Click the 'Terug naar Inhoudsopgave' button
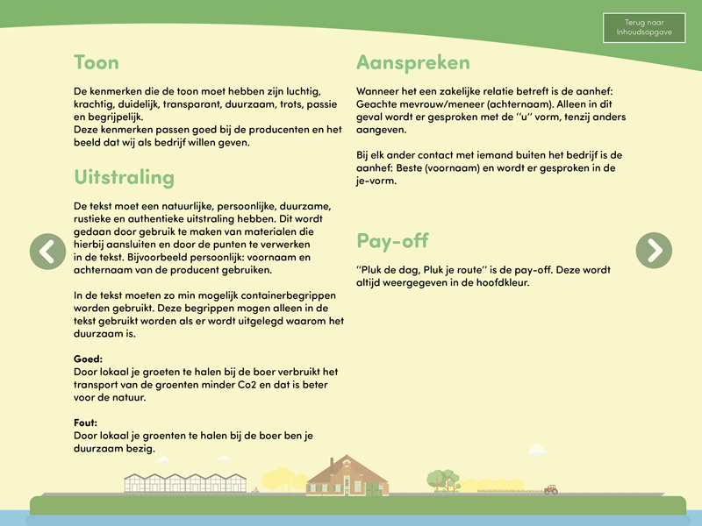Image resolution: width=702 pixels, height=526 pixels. (x=643, y=28)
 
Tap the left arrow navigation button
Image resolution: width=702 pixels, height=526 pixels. (x=47, y=251)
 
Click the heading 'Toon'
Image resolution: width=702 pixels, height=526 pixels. (x=97, y=63)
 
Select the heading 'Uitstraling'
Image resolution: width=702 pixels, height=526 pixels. (x=125, y=177)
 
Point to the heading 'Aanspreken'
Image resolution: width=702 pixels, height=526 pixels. (x=413, y=63)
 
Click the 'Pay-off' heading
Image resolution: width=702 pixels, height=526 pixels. (x=392, y=240)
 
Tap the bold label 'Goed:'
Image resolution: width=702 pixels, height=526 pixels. (x=89, y=359)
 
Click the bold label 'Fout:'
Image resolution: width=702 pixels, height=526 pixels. (x=87, y=423)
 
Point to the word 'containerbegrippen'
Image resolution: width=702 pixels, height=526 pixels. (x=284, y=295)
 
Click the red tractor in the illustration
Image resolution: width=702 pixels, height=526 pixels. (x=550, y=489)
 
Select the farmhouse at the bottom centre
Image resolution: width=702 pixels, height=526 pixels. (x=347, y=478)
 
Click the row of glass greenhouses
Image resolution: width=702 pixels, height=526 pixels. (x=185, y=483)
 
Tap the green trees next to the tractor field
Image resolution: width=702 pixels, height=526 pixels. (x=443, y=480)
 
